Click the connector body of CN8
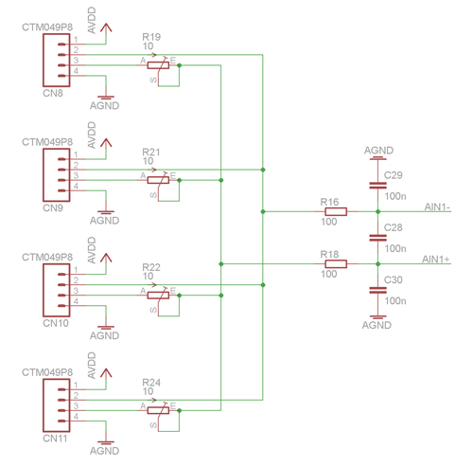click(x=57, y=60)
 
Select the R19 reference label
click(x=151, y=37)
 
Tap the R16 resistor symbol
click(x=336, y=211)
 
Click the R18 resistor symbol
click(x=336, y=264)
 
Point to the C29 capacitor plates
click(x=377, y=186)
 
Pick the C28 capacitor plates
click(x=377, y=238)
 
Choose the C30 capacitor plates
click(x=377, y=290)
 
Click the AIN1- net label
click(x=437, y=207)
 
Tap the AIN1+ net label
click(x=436, y=260)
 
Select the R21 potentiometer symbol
click(x=158, y=180)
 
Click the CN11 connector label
click(x=55, y=439)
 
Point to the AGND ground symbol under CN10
click(x=106, y=328)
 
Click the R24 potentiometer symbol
click(x=158, y=410)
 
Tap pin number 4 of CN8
click(x=76, y=71)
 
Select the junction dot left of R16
click(x=263, y=211)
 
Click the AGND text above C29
click(x=378, y=151)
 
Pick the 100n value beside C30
click(x=395, y=301)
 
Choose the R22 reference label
click(x=151, y=267)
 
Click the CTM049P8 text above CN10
click(x=47, y=258)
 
